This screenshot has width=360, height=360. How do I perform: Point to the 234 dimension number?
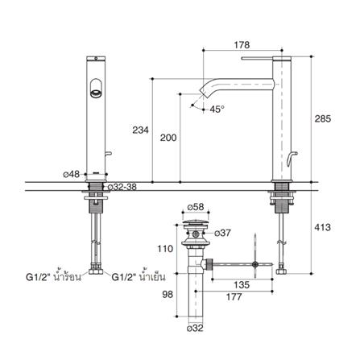[x=140, y=130]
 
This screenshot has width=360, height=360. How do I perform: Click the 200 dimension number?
[x=168, y=138]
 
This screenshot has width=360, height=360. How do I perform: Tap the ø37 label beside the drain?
[x=225, y=233]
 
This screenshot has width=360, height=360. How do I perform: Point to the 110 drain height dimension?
[x=166, y=250]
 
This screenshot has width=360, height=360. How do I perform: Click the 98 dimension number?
[x=168, y=295]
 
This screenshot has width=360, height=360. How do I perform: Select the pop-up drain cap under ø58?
[x=195, y=221]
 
